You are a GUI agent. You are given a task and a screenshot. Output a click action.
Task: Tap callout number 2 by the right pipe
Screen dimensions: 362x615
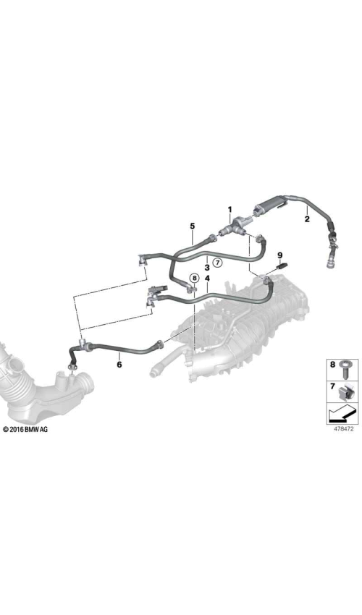click(x=307, y=219)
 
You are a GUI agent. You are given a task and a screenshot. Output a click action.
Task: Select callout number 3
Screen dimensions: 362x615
click(x=207, y=268)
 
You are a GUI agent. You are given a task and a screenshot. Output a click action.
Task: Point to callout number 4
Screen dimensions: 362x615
click(x=207, y=279)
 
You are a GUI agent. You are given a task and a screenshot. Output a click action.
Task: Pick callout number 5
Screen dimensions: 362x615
click(x=193, y=226)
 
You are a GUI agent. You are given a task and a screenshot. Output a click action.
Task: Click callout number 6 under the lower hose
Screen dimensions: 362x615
click(x=119, y=365)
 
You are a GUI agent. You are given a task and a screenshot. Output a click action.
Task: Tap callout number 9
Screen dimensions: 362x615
click(x=280, y=255)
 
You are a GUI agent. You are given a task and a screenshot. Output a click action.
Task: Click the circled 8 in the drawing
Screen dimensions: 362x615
click(x=194, y=279)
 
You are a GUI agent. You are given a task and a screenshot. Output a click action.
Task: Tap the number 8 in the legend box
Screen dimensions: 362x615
click(x=332, y=365)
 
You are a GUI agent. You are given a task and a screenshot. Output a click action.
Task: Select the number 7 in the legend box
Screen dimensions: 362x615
click(x=332, y=386)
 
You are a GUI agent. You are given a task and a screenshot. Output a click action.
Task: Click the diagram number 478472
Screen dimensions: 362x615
click(x=344, y=429)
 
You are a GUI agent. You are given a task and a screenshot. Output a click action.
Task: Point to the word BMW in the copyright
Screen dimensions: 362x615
click(x=31, y=430)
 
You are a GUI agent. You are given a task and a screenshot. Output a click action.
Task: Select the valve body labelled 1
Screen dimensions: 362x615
click(x=235, y=226)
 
